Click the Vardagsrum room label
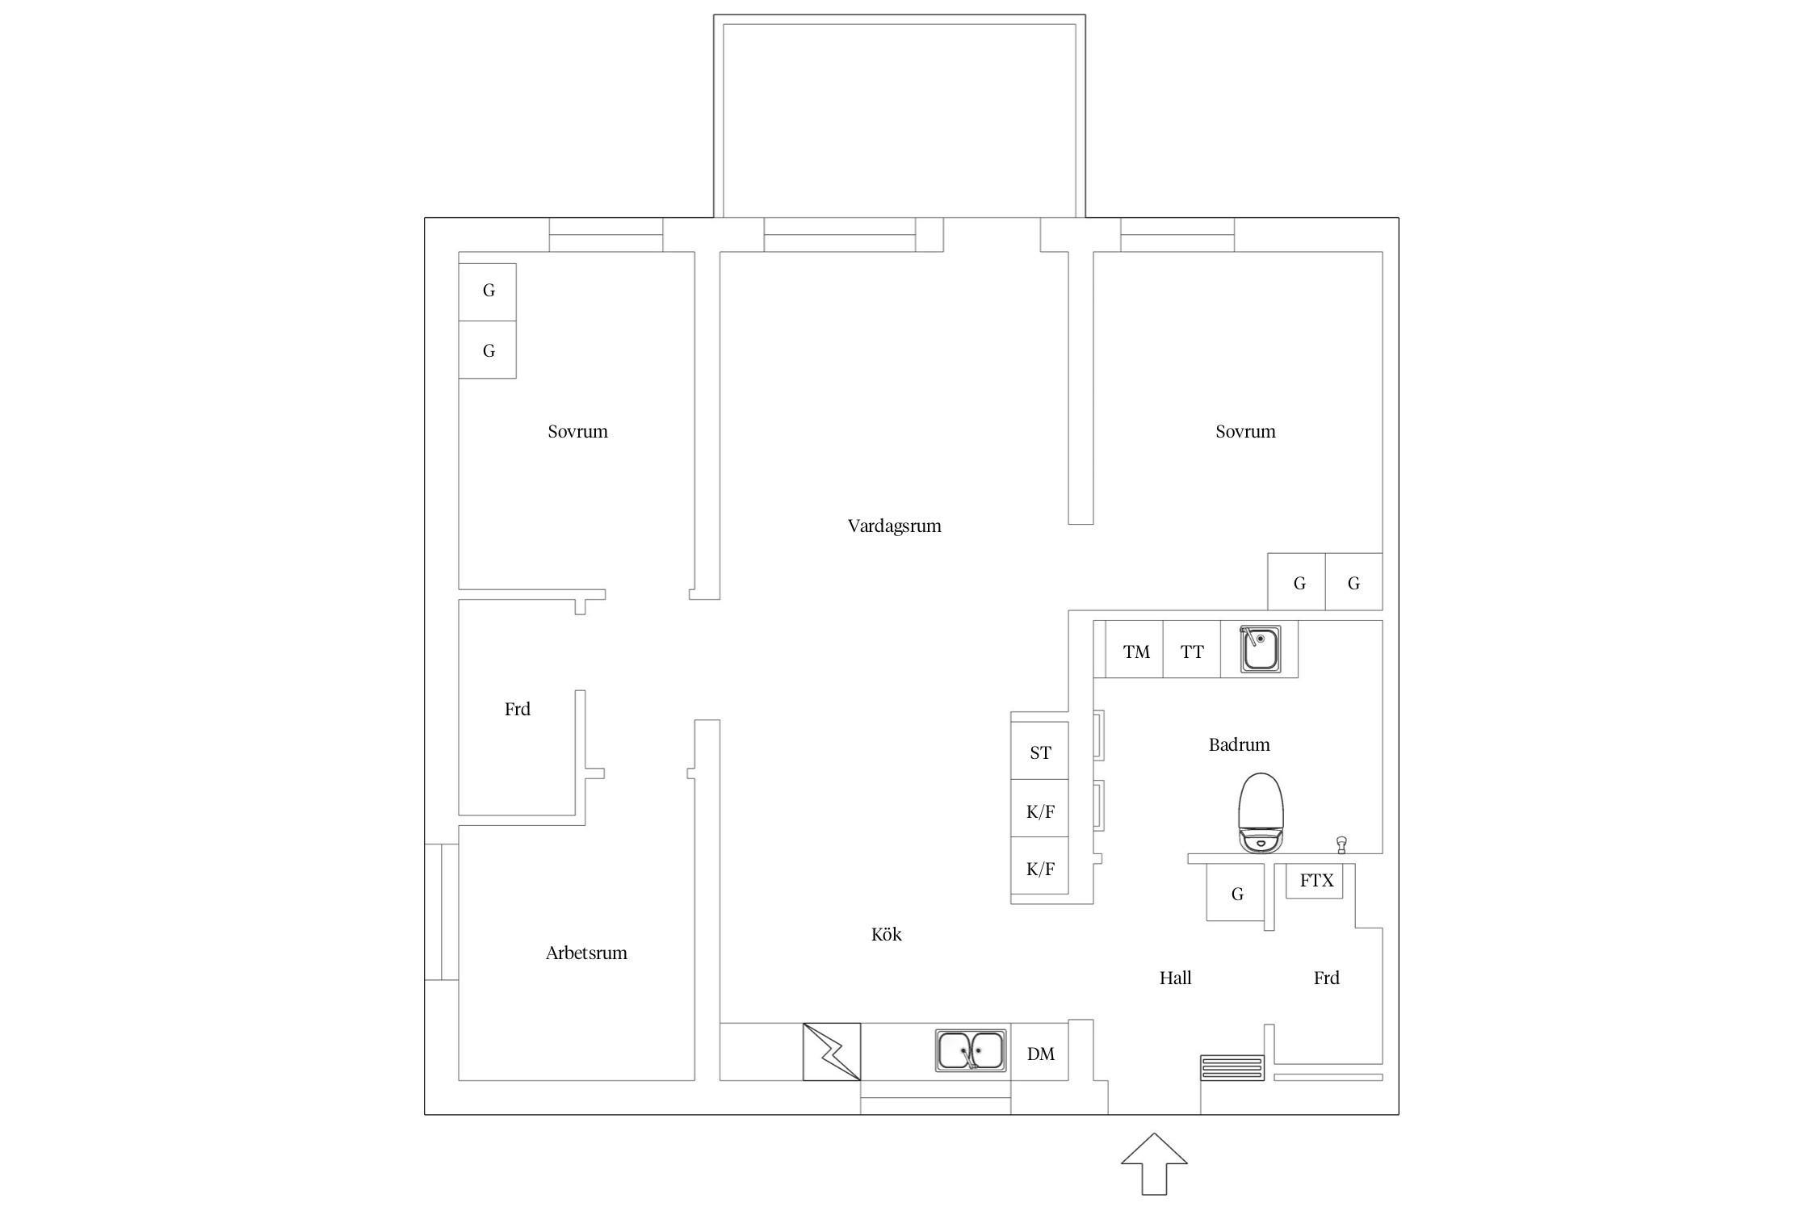click(894, 526)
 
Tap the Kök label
click(886, 934)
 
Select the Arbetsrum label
click(586, 953)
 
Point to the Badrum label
click(1239, 744)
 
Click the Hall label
click(1175, 978)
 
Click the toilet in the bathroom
click(1261, 812)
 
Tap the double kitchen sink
click(971, 1050)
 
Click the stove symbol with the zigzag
click(832, 1051)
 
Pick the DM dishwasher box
click(1040, 1051)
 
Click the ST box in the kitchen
click(1040, 751)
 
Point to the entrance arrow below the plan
click(1154, 1163)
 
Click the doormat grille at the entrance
click(1232, 1067)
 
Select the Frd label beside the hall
click(1326, 978)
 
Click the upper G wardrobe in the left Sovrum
click(488, 292)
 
